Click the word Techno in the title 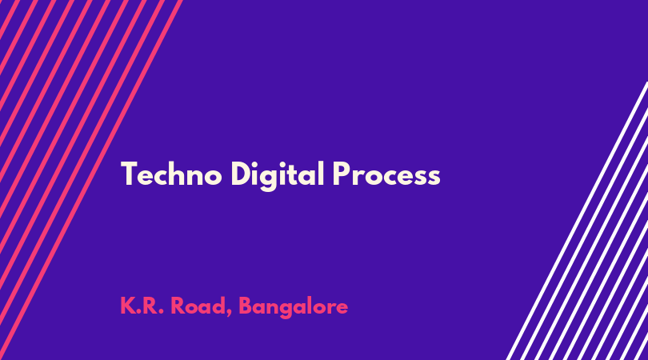coord(171,174)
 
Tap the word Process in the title coord(386,174)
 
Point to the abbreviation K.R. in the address coord(142,306)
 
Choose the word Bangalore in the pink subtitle coord(294,307)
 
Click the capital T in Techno coord(129,174)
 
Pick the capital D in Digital coord(241,174)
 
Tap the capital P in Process coord(342,174)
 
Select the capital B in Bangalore coord(246,306)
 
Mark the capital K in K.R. coord(128,306)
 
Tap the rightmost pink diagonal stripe coord(91,180)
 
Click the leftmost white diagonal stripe coord(577,221)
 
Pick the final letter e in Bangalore coord(342,308)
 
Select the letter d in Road coord(218,306)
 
